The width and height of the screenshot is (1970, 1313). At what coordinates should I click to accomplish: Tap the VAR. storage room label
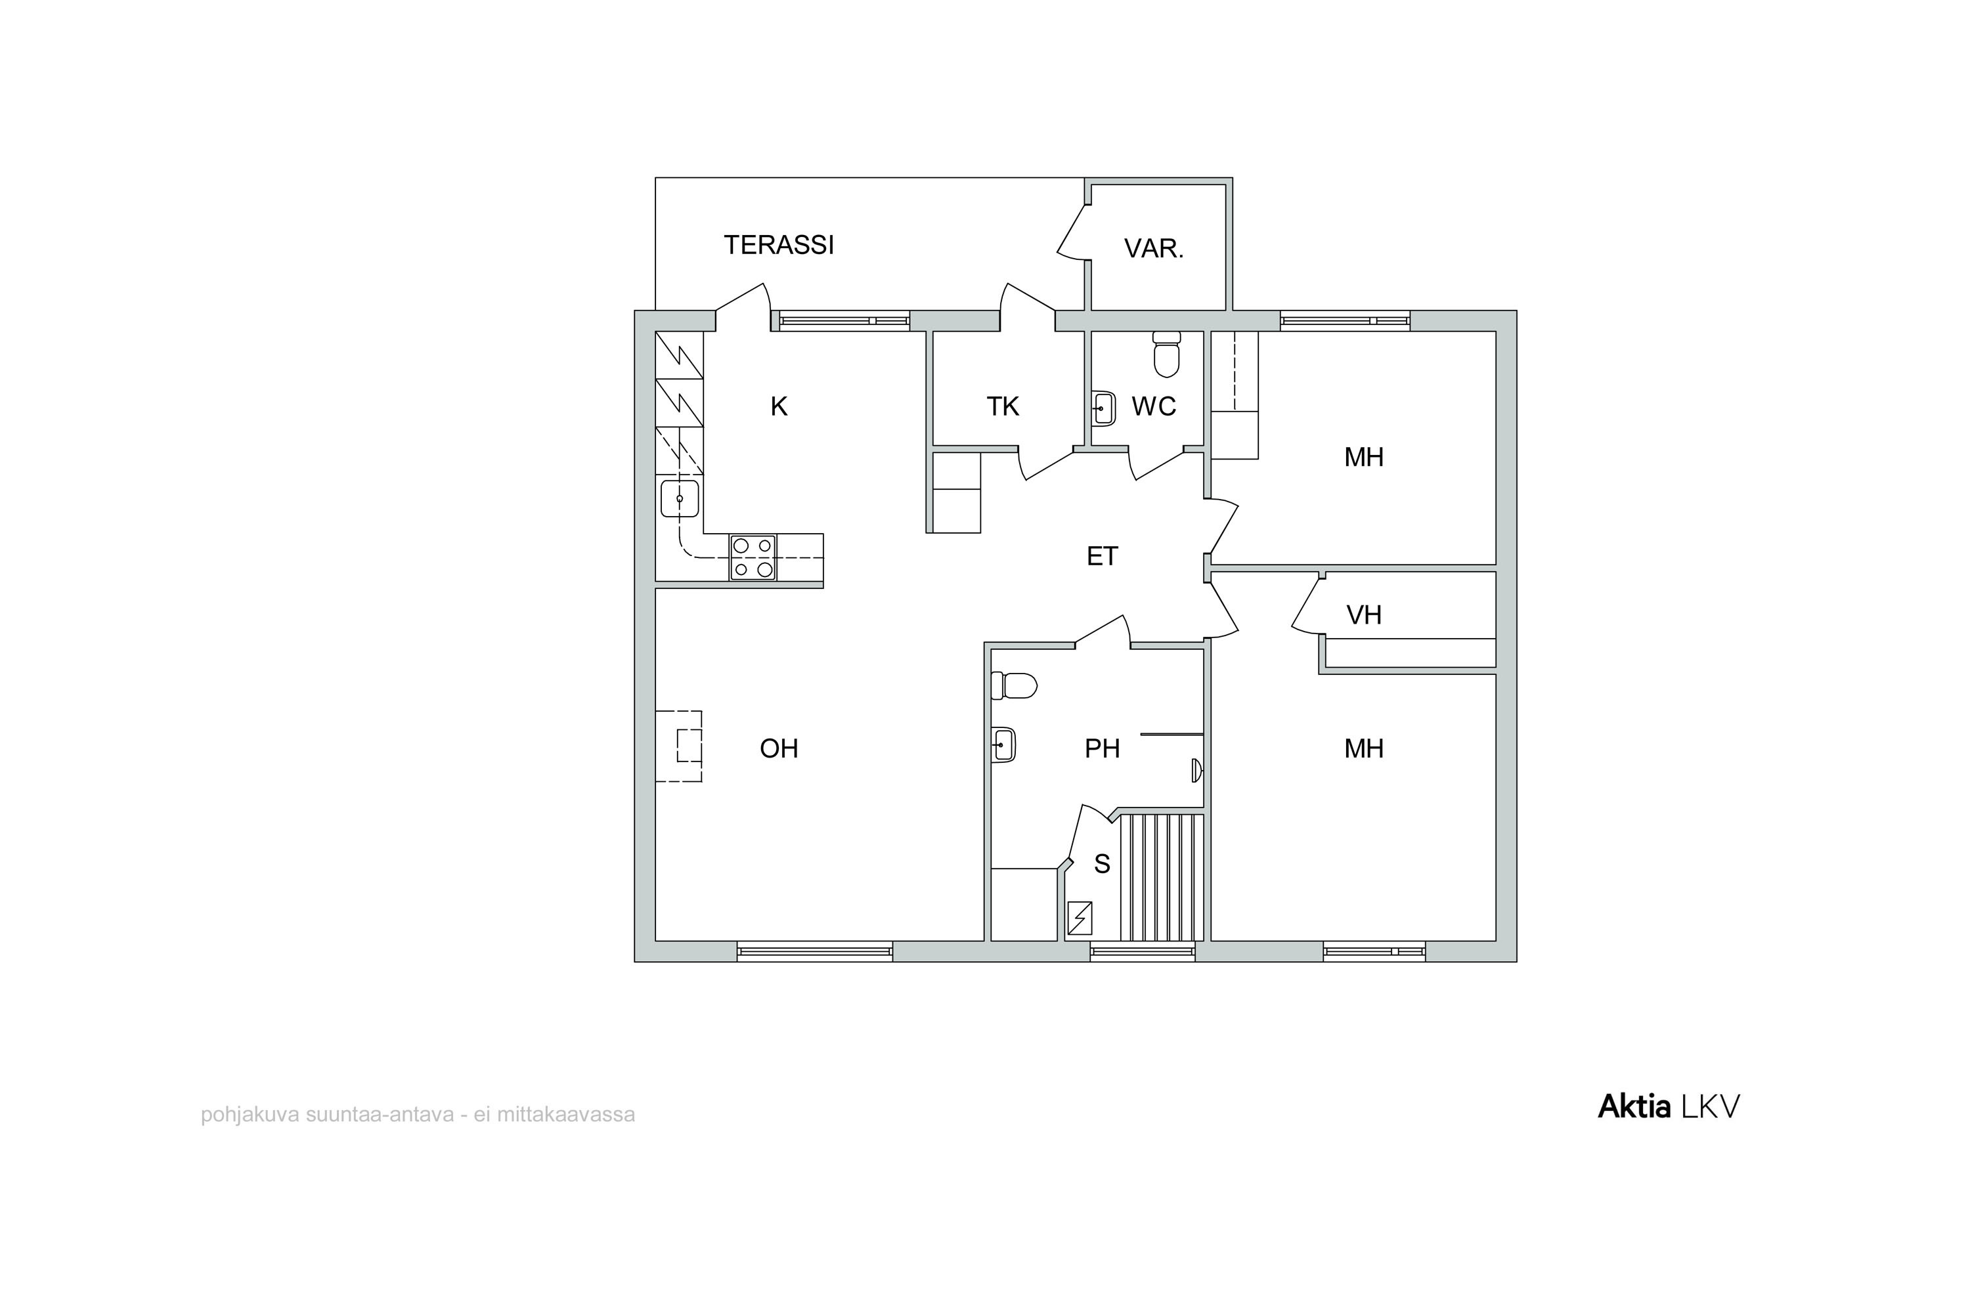pyautogui.click(x=1153, y=249)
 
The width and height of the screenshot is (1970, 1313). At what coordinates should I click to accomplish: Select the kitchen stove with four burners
pyautogui.click(x=753, y=557)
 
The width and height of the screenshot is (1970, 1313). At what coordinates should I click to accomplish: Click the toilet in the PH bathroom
pyautogui.click(x=1013, y=686)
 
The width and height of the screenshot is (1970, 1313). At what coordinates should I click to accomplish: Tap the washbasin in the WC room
pyautogui.click(x=1105, y=408)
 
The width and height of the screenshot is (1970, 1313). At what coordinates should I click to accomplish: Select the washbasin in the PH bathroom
pyautogui.click(x=1003, y=744)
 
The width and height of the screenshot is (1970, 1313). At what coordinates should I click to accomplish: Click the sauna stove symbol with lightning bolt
pyautogui.click(x=1080, y=918)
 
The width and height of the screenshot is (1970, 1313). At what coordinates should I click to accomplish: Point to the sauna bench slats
pyautogui.click(x=1162, y=878)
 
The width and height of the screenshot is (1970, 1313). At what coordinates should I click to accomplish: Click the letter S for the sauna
pyautogui.click(x=1103, y=864)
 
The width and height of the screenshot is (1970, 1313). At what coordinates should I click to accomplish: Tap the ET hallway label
pyautogui.click(x=1103, y=556)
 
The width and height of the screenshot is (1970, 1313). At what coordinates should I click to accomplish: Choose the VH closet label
pyautogui.click(x=1364, y=616)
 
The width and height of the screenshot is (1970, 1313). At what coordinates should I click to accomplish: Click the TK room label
pyautogui.click(x=1003, y=407)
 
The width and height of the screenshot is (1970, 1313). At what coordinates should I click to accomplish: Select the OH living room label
pyautogui.click(x=779, y=748)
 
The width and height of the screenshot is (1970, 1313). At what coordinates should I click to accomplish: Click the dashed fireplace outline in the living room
pyautogui.click(x=678, y=746)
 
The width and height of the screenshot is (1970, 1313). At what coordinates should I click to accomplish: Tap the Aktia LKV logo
pyautogui.click(x=1669, y=1107)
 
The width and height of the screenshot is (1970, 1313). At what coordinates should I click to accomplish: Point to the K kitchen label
pyautogui.click(x=779, y=407)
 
